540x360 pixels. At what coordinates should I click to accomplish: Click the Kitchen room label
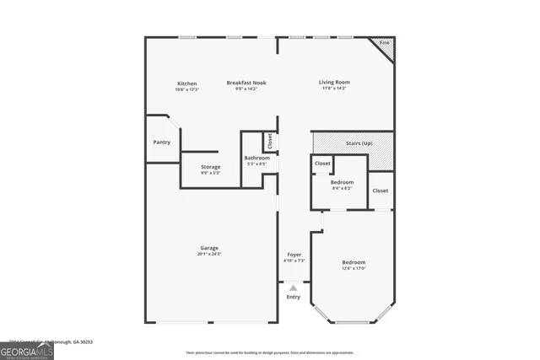tap(186, 83)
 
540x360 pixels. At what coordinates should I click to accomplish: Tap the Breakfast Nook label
tap(246, 83)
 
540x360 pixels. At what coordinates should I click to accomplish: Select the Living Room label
tap(334, 83)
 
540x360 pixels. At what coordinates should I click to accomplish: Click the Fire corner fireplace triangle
tap(386, 46)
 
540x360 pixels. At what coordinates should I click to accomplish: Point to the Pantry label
tap(161, 142)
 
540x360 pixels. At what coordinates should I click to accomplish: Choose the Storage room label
tap(210, 167)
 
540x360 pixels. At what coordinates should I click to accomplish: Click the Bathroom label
tap(256, 159)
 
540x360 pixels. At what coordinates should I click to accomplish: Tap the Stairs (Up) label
tap(359, 143)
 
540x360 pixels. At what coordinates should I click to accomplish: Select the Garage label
tap(209, 248)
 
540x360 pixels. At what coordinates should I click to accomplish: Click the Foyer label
tap(294, 255)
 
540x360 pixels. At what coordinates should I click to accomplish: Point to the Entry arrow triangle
tap(294, 288)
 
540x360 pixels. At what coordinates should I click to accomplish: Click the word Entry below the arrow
tap(294, 297)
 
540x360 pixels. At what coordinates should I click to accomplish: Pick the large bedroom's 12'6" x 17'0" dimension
tap(354, 268)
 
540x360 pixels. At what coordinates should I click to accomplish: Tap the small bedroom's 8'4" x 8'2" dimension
tap(342, 188)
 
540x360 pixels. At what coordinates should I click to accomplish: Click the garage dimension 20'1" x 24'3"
tap(209, 254)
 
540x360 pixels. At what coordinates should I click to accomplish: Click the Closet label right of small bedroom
tap(381, 191)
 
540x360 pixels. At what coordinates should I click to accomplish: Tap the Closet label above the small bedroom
tap(322, 164)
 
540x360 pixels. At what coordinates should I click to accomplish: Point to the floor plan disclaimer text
tap(270, 352)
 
